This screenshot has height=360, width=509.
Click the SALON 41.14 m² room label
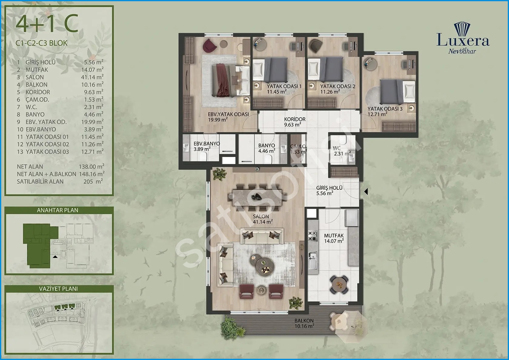pyautogui.click(x=262, y=219)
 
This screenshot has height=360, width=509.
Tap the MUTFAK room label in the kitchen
pyautogui.click(x=334, y=236)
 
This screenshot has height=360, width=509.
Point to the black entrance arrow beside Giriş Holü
pyautogui.click(x=366, y=192)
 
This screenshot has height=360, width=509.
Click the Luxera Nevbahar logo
pyautogui.click(x=463, y=38)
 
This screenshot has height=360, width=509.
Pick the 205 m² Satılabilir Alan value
pyautogui.click(x=93, y=181)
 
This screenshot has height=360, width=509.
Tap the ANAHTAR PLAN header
pyautogui.click(x=58, y=210)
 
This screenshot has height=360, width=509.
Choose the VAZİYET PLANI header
pyautogui.click(x=58, y=288)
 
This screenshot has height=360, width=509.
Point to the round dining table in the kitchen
pyautogui.click(x=339, y=284)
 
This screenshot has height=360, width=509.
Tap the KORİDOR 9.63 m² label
pyautogui.click(x=294, y=122)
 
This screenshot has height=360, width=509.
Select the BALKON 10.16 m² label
pyautogui.click(x=304, y=323)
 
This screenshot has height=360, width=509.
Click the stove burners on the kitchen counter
pyautogui.click(x=312, y=236)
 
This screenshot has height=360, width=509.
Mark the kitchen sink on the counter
pyautogui.click(x=313, y=260)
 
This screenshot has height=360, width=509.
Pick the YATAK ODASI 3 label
pyautogui.click(x=385, y=108)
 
